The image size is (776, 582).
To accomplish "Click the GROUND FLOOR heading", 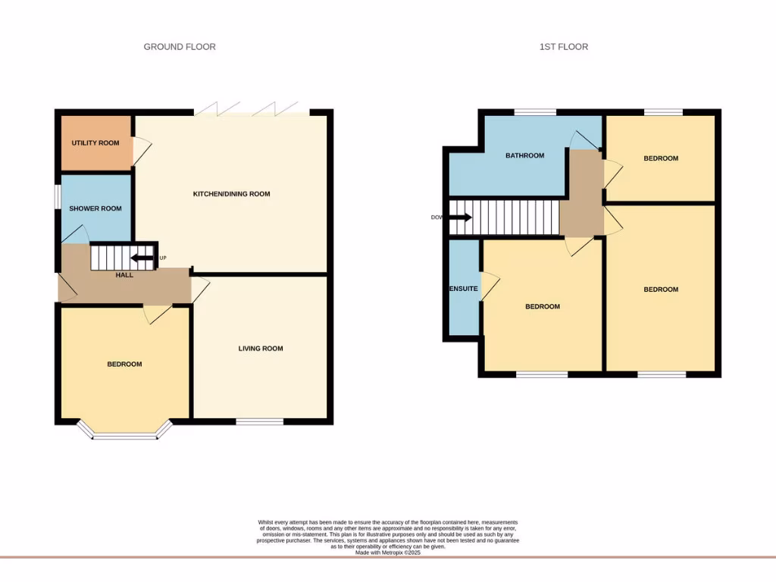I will click(x=180, y=47).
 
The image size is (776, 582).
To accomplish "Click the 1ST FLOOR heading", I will click(x=563, y=47).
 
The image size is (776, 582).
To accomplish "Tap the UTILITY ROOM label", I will click(x=95, y=143).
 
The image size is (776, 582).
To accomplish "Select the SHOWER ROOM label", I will click(x=95, y=208).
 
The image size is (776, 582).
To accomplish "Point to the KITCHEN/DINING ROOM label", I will click(x=231, y=194).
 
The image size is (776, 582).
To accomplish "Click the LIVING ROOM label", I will click(x=261, y=349).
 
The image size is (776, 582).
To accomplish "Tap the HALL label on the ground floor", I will click(x=124, y=275).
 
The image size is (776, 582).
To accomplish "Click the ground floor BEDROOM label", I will click(x=124, y=365).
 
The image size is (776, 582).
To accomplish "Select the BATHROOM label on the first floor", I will click(x=525, y=156).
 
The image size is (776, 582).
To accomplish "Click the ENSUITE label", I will click(x=463, y=289).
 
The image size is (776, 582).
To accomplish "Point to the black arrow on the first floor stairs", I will click(x=460, y=217).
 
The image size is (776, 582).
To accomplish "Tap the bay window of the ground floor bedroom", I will click(x=124, y=434).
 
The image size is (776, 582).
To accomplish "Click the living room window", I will click(x=259, y=421).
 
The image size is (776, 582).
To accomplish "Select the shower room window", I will click(x=58, y=196).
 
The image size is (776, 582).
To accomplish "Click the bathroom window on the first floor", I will click(x=535, y=112).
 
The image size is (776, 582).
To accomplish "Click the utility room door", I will click(x=141, y=151).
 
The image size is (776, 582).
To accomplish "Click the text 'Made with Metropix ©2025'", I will click(x=388, y=553).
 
